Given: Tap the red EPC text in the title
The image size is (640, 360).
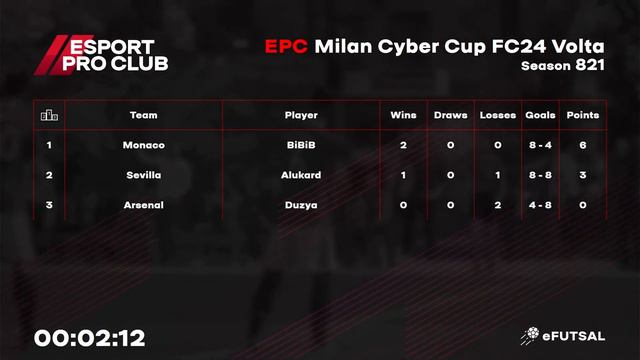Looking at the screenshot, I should pos(286,46).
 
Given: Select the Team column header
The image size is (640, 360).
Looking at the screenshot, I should pos(144,115).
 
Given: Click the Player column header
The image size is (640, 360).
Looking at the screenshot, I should pos(301,115).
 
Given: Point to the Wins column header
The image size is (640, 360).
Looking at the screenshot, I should pos(403,115).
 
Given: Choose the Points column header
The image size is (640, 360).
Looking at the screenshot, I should pos(583,115).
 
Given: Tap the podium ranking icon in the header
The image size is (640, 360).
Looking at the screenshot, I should pos(49,115).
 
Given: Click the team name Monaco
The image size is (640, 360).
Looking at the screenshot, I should pos(144,145).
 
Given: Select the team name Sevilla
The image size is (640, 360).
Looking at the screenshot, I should pos(144,175).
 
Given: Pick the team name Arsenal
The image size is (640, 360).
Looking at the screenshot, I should pos(144,205).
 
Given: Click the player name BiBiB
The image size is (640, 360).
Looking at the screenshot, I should pos(301,145).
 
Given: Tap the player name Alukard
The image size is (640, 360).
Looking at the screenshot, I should pos(301,175).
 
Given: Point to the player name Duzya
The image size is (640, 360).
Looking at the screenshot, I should pos(301,205).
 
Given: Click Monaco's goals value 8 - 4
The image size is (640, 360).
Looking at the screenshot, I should pos(540,145).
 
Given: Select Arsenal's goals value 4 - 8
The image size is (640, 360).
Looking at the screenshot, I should pos(540,205).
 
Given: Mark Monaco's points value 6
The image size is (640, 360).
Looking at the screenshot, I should pos(583,145).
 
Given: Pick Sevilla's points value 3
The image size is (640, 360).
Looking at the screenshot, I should pos(583,175).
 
